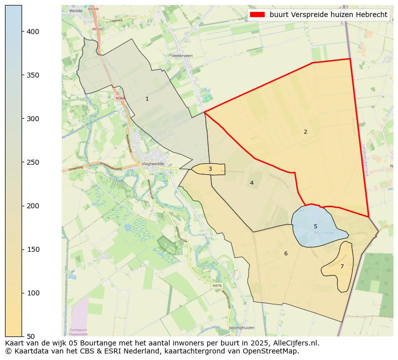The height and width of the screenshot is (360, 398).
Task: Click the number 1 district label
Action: (147, 99)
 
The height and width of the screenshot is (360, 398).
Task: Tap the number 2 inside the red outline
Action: (305, 132)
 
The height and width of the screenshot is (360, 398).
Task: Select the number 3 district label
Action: (210, 169)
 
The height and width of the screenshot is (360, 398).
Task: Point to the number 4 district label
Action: (252, 183)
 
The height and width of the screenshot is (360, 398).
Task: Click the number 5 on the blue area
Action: (315, 226)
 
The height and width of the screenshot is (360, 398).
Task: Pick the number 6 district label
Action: (286, 253)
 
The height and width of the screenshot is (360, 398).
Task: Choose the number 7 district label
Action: (342, 266)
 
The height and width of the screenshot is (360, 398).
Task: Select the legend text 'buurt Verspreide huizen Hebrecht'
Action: (328, 15)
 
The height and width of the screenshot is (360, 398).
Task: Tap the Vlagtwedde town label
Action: (153, 163)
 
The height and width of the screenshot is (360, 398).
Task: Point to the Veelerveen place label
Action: (182, 56)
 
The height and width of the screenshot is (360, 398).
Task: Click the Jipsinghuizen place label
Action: (242, 327)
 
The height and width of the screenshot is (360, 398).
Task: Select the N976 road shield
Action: (217, 286)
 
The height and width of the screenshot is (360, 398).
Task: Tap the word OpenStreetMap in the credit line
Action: (275, 351)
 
